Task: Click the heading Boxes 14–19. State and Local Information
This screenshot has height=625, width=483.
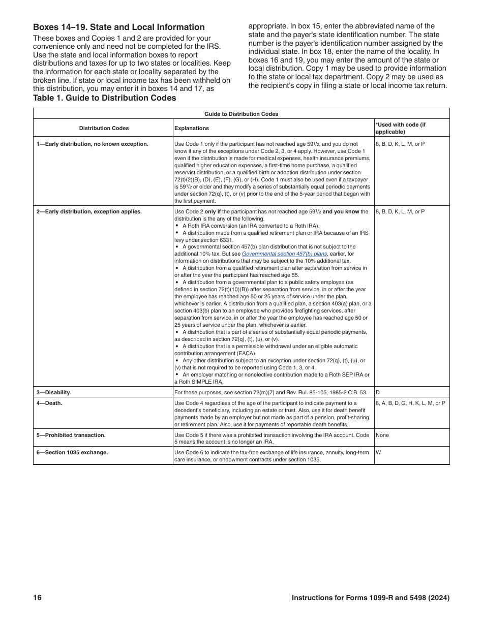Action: (119, 27)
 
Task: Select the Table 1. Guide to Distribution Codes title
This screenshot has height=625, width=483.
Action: (105, 98)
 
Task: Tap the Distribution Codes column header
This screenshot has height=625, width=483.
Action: (104, 128)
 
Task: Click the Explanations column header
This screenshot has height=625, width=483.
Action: (192, 128)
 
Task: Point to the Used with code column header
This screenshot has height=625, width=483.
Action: (401, 128)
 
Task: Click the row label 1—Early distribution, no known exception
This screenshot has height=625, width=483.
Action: (92, 144)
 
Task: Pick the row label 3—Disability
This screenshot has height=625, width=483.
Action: (53, 392)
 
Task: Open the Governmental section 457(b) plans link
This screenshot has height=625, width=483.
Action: (284, 254)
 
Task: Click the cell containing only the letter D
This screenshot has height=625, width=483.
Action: (378, 392)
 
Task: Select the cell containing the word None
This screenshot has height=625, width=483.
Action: (382, 435)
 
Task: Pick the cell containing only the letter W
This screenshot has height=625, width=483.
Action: (378, 452)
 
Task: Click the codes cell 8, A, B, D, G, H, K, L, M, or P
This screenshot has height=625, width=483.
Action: (410, 403)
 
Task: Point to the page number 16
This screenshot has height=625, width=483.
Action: (37, 598)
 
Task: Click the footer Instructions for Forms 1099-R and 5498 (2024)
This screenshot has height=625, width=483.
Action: (370, 598)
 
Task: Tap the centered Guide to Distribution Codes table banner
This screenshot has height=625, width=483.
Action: (241, 114)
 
